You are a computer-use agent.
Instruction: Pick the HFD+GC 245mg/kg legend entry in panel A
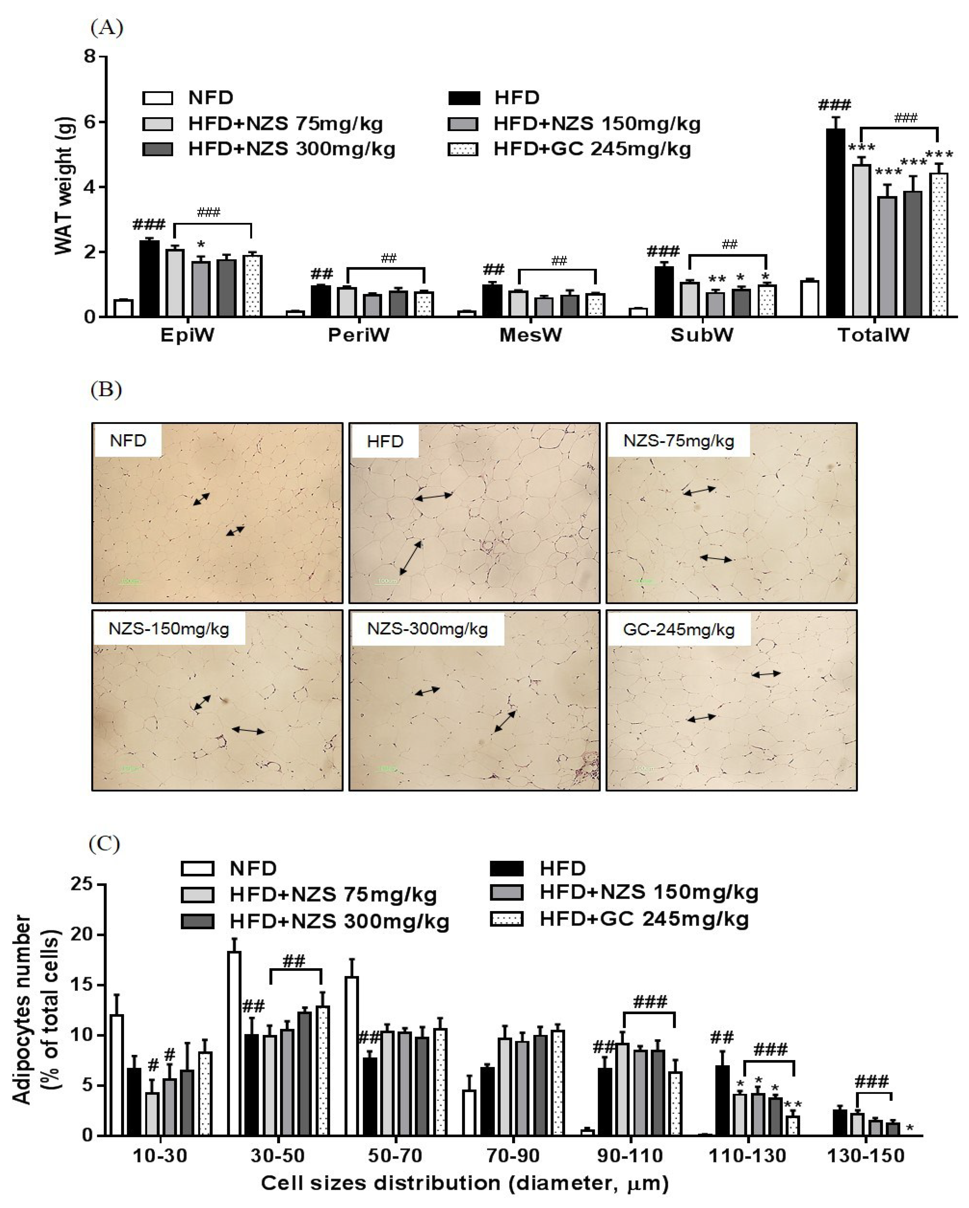pyautogui.click(x=570, y=149)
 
